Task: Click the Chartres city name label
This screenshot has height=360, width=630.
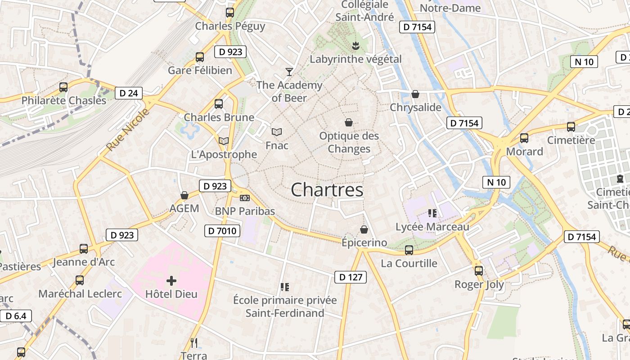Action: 327,190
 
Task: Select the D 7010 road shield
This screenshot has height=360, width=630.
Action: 222,231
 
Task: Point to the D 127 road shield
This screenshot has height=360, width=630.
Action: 351,277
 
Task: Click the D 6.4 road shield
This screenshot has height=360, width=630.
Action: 16,316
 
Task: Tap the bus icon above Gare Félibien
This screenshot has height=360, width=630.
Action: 200,57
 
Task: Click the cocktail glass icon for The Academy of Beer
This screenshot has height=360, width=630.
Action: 289,72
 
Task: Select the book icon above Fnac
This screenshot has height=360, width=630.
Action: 277,132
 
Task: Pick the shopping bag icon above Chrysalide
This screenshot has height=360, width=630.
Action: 415,94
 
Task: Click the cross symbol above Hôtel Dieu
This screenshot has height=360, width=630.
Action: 171,281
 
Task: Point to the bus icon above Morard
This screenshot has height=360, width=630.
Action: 524,138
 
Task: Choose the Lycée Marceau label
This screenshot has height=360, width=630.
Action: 432,227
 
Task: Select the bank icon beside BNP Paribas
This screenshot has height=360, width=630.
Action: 245,198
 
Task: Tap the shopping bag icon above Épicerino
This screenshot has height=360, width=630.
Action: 364,230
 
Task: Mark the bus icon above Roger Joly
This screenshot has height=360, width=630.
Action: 479,270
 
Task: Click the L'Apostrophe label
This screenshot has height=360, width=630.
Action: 224,154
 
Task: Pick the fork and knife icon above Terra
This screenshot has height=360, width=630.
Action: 194,343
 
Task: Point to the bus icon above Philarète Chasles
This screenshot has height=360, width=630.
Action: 63,87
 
